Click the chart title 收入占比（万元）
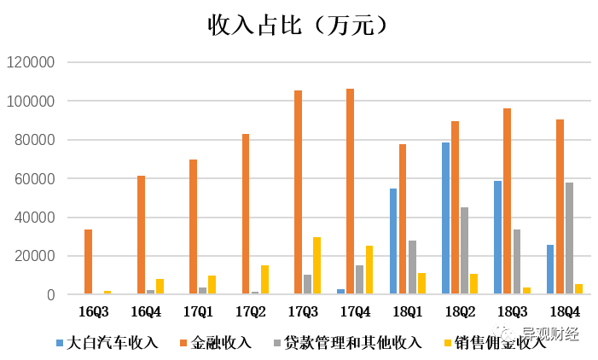(x=299, y=25)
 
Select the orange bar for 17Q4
(x=351, y=192)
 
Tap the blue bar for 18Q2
(x=445, y=218)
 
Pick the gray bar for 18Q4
(x=570, y=239)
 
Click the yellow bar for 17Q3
(x=316, y=266)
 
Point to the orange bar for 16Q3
(x=89, y=262)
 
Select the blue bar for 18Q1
(x=393, y=241)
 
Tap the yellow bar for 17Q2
(x=264, y=280)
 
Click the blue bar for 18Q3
(x=497, y=238)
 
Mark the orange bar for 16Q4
(x=141, y=235)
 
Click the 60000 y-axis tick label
(x=33, y=179)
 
